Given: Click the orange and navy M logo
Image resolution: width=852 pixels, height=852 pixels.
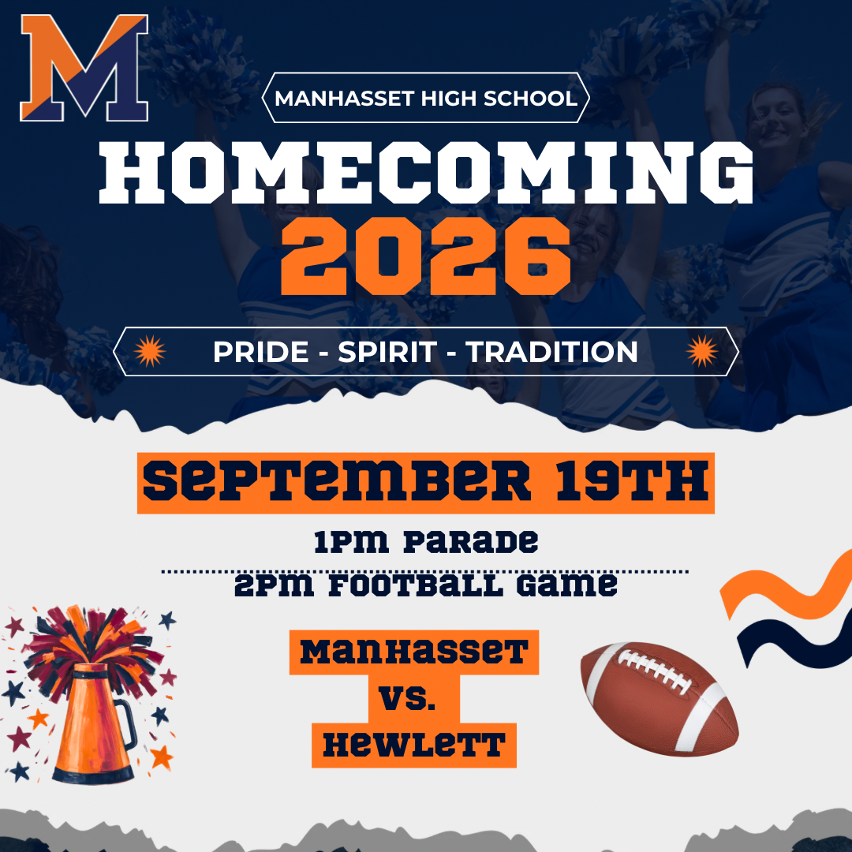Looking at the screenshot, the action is click(84, 68).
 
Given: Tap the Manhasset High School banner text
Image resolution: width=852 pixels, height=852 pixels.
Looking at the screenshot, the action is click(426, 99).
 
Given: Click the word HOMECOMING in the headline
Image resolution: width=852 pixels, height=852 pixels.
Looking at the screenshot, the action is click(426, 173).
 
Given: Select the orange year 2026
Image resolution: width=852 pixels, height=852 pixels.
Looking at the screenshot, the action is click(425, 256).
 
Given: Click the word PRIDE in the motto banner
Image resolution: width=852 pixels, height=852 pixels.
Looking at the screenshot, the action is click(261, 352).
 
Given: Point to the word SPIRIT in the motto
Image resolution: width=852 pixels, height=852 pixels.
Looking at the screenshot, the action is click(387, 352).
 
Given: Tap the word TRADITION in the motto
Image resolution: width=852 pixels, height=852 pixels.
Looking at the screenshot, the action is click(551, 352).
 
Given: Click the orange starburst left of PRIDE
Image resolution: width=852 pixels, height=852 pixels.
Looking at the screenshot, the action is click(150, 351).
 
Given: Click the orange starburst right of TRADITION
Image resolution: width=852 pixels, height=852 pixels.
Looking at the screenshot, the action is click(702, 351).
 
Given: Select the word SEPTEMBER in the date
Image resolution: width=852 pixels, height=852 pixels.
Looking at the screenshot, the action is click(337, 481).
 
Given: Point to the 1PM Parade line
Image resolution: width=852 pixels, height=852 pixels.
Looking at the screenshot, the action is click(426, 542).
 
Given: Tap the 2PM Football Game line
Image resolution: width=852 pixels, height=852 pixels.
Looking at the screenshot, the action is click(426, 585).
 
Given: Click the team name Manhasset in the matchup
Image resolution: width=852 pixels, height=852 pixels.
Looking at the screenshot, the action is click(414, 652).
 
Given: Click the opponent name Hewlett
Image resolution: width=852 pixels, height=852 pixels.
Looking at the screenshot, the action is click(414, 745).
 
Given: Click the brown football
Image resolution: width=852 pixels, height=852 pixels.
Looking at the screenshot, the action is click(660, 699).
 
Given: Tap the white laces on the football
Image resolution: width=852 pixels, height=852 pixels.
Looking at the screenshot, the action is click(654, 670).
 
